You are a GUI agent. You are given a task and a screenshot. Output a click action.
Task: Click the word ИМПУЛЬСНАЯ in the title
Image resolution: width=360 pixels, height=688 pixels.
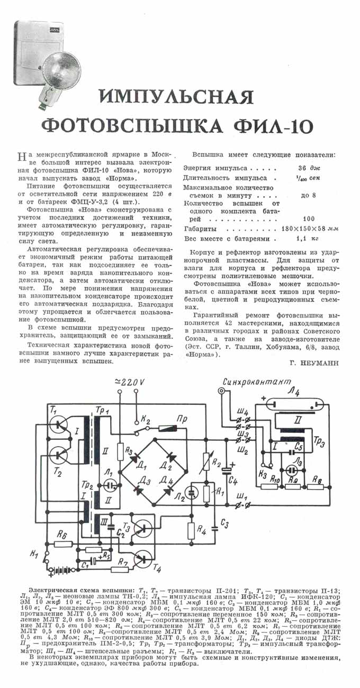point(176,97)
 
